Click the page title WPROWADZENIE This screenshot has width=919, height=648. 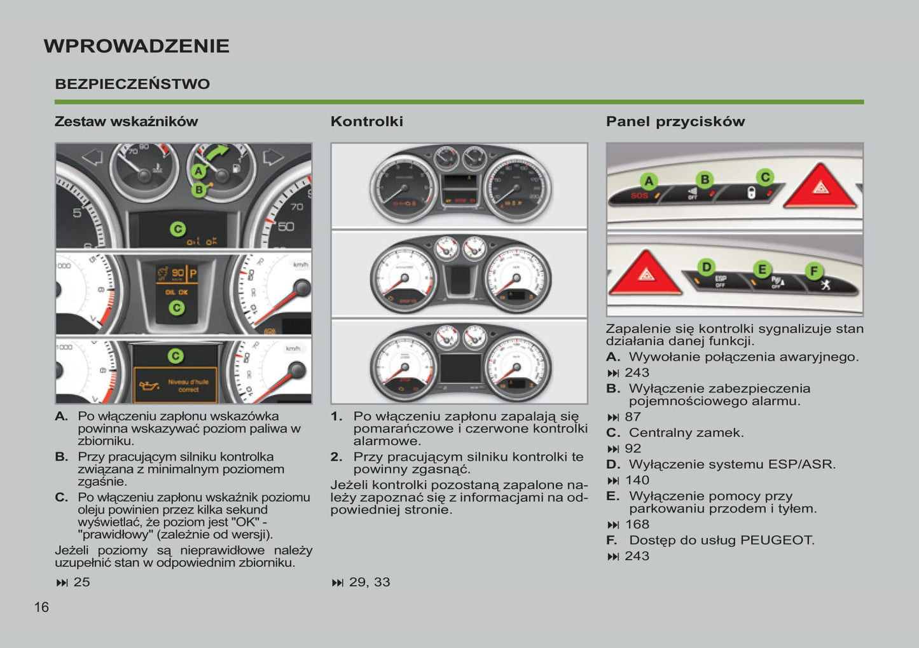[x=136, y=46]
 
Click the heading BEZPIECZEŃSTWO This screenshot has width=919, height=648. [x=132, y=84]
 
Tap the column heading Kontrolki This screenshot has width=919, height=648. [x=366, y=121]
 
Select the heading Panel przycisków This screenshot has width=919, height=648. [x=675, y=121]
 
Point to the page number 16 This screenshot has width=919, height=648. [x=41, y=607]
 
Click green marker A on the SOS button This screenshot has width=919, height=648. [x=649, y=181]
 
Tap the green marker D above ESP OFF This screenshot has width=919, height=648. [x=706, y=267]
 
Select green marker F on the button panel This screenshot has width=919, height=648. [x=813, y=272]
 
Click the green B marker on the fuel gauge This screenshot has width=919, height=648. [x=199, y=189]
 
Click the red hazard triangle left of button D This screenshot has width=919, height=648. [x=646, y=274]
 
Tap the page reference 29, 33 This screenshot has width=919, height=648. [x=369, y=582]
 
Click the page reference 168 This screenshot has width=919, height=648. [x=637, y=525]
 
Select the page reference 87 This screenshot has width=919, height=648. [x=633, y=417]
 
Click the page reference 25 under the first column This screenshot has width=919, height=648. [x=81, y=582]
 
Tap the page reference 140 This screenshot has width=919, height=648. [x=637, y=480]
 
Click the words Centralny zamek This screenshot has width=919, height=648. [x=686, y=433]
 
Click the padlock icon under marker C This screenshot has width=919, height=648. [x=750, y=193]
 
